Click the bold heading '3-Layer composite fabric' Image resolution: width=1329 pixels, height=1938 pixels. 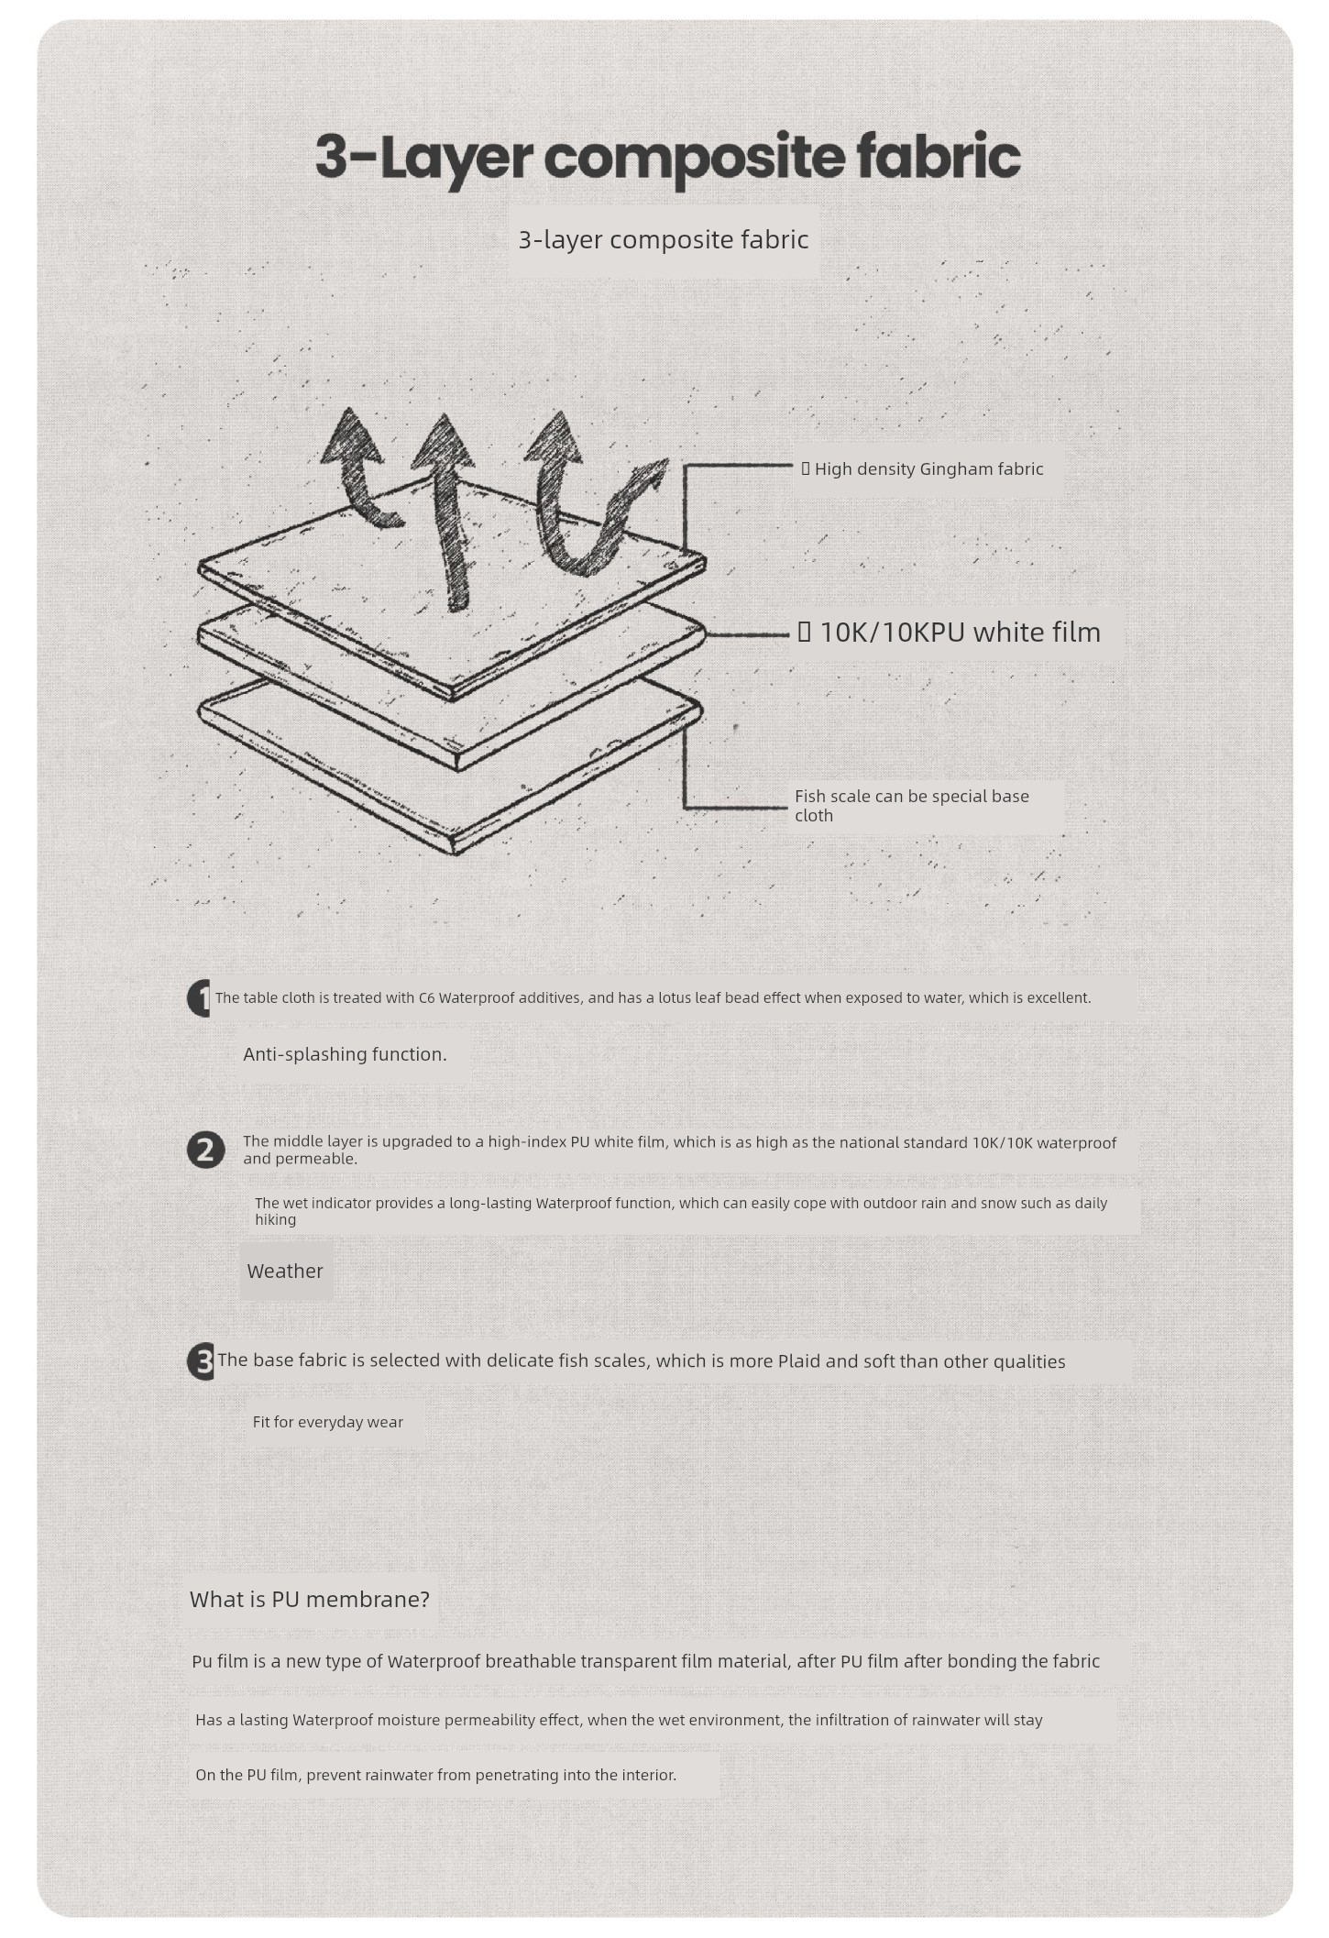pyautogui.click(x=667, y=157)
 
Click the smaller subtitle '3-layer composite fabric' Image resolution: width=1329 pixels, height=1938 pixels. pyautogui.click(x=664, y=239)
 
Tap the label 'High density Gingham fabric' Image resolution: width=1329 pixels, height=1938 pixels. pyautogui.click(x=928, y=469)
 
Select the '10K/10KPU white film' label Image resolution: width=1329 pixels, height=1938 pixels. pyautogui.click(x=960, y=632)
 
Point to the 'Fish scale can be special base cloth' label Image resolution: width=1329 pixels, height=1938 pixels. pyautogui.click(x=912, y=806)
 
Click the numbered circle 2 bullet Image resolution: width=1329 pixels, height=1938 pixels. pyautogui.click(x=206, y=1150)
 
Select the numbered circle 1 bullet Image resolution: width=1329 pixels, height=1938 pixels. pyautogui.click(x=200, y=998)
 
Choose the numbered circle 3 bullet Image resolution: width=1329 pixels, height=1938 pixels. pyautogui.click(x=201, y=1361)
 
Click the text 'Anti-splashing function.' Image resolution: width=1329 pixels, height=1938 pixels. pyautogui.click(x=345, y=1054)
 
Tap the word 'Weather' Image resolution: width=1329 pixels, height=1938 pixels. pyautogui.click(x=285, y=1271)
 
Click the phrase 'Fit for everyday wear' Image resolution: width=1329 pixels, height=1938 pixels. pyautogui.click(x=328, y=1422)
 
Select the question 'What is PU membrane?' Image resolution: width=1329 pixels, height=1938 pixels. pyautogui.click(x=310, y=1600)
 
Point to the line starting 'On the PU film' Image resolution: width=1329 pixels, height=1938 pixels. pyautogui.click(x=435, y=1775)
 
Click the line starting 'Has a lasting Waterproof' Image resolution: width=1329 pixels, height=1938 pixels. pyautogui.click(x=619, y=1720)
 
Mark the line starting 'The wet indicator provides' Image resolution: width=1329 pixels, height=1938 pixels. pyautogui.click(x=681, y=1211)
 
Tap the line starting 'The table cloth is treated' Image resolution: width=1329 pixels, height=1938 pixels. pyautogui.click(x=654, y=997)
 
